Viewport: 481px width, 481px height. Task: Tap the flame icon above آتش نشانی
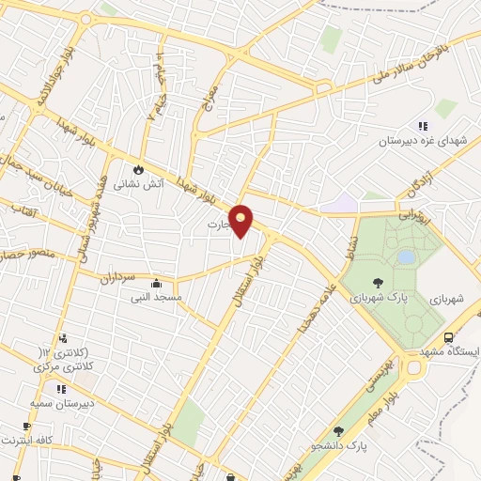pos(138,170)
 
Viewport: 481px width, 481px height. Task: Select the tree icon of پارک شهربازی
pos(377,282)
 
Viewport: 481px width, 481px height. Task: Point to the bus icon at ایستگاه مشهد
pos(449,337)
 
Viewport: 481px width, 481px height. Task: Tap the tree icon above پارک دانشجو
pos(337,430)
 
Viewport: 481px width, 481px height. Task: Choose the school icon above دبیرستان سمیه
pos(61,389)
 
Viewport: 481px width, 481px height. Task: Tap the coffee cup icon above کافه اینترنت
pos(26,427)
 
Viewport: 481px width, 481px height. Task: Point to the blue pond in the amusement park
pos(406,256)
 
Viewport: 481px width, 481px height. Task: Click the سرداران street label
pos(117,279)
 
